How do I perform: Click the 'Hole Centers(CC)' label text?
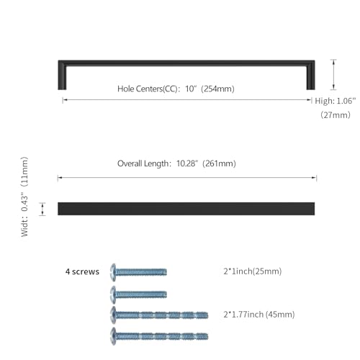pos(148,89)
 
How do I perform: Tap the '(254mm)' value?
pos(217,89)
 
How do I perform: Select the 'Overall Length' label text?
pos(143,163)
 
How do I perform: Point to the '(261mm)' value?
pos(219,163)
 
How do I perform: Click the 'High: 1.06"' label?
pos(336,101)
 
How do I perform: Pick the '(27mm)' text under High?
pos(336,114)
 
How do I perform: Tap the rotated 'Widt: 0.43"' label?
pos(24,216)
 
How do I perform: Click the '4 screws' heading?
pos(82,271)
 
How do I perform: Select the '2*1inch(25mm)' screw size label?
pos(253,271)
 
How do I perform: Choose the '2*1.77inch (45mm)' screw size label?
pos(259,314)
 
